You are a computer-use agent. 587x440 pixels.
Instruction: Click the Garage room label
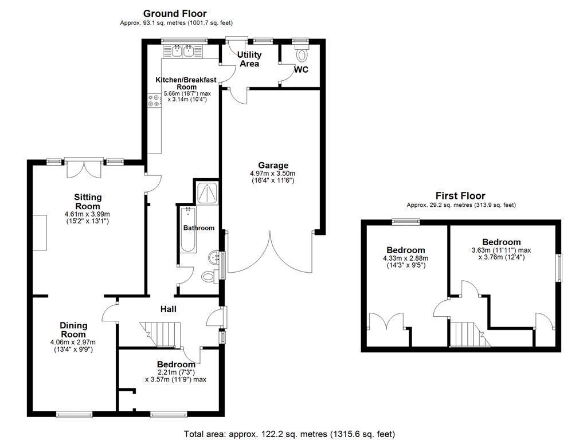point(273,165)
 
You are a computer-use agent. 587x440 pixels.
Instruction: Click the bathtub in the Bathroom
point(188,229)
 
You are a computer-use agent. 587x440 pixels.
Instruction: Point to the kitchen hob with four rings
point(154,100)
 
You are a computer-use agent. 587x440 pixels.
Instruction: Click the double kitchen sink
point(183,51)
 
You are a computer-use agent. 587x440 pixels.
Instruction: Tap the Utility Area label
point(249,59)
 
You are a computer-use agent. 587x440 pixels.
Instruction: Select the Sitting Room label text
point(88,202)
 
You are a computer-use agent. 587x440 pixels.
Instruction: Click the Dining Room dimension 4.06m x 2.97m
point(73,342)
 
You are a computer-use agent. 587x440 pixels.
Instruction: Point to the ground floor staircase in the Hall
point(161,335)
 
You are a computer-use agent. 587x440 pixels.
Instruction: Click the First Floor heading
point(460,196)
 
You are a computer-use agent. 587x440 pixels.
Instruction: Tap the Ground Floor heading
point(175,14)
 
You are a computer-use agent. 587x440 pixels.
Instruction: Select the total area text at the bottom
point(289,434)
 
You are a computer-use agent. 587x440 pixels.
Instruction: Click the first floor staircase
point(469,335)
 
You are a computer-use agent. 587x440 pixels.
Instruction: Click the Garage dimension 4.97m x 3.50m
point(272,174)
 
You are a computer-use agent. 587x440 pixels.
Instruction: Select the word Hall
point(169,309)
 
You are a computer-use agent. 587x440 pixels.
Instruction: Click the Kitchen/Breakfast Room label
point(186,84)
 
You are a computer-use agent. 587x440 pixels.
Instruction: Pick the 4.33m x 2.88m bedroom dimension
point(406,258)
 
